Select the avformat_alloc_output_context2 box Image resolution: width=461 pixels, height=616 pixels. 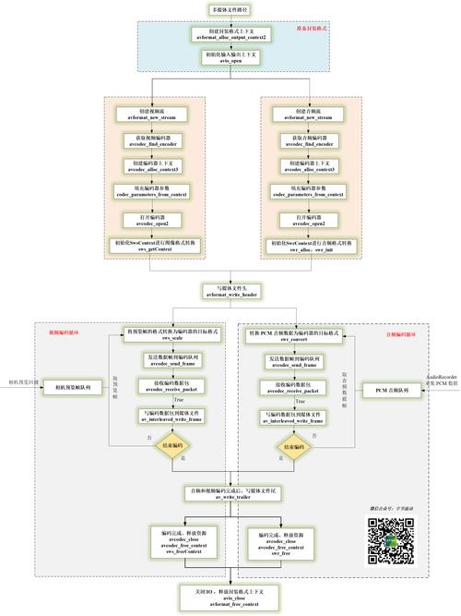pos(230,33)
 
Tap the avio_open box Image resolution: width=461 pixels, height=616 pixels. pos(230,57)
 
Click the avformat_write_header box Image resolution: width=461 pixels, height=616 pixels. pos(230,291)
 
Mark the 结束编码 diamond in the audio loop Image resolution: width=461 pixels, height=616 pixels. pos(292,445)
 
